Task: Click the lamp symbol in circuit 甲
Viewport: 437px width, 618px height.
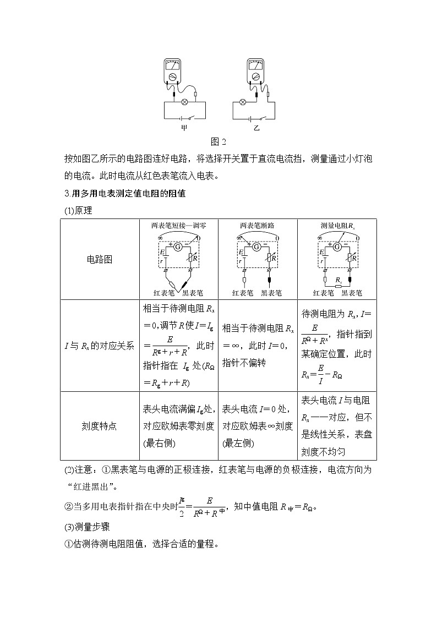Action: (185, 101)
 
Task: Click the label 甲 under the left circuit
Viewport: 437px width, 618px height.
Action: (184, 128)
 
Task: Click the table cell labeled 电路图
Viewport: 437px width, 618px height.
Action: (100, 259)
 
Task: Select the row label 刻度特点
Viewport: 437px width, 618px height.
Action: (100, 425)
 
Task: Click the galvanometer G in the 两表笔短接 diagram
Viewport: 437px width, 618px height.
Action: (178, 248)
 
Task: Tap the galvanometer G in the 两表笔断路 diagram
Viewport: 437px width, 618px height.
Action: (256, 248)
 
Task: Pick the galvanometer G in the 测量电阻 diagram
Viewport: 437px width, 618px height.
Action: (336, 248)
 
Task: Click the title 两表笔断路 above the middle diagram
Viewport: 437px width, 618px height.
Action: (257, 225)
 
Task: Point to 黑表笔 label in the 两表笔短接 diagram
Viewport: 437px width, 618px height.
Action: (193, 293)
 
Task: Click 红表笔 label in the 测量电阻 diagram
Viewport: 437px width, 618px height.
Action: (324, 293)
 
